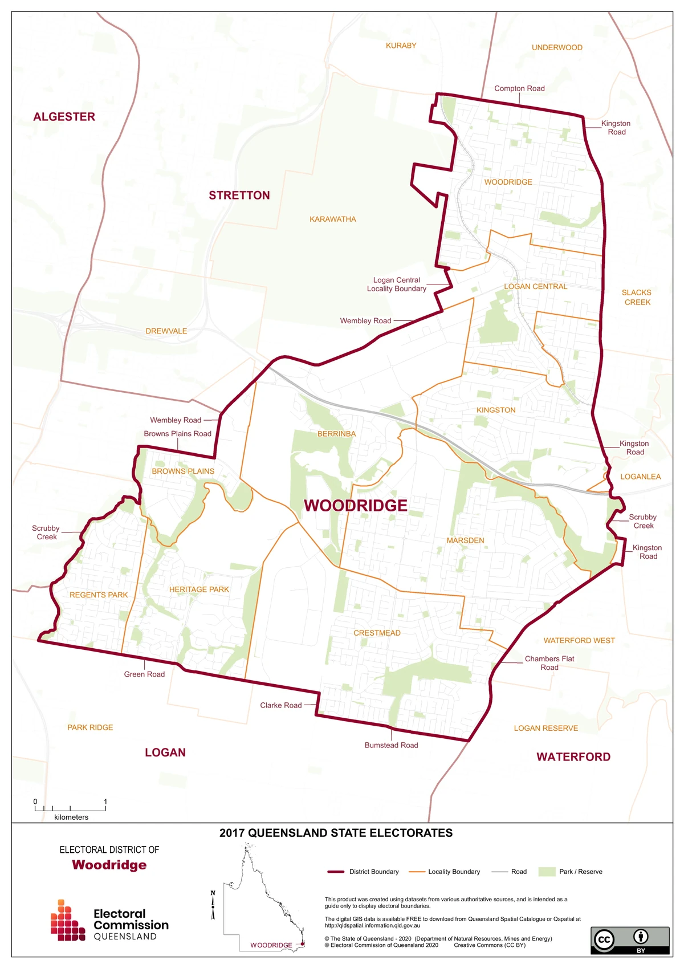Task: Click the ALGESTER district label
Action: pos(64,117)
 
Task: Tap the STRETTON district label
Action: pos(239,196)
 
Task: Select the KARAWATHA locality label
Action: pos(332,219)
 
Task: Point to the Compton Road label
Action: pos(519,88)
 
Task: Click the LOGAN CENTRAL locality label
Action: pos(535,287)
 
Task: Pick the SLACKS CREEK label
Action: pos(637,298)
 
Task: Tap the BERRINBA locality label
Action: pos(336,434)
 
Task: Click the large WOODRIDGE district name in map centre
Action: pos(355,506)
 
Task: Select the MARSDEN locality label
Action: pos(465,540)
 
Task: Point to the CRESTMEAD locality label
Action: pos(377,633)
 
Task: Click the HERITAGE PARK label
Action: pos(199,589)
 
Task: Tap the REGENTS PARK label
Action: pos(99,595)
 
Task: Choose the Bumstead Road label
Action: pos(391,746)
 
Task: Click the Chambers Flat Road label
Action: pos(549,663)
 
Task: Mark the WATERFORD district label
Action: pos(573,757)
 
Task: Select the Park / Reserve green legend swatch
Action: pos(547,872)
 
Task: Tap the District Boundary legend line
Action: pos(336,872)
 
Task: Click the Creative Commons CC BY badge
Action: pos(629,940)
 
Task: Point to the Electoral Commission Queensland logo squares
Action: pos(67,921)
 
